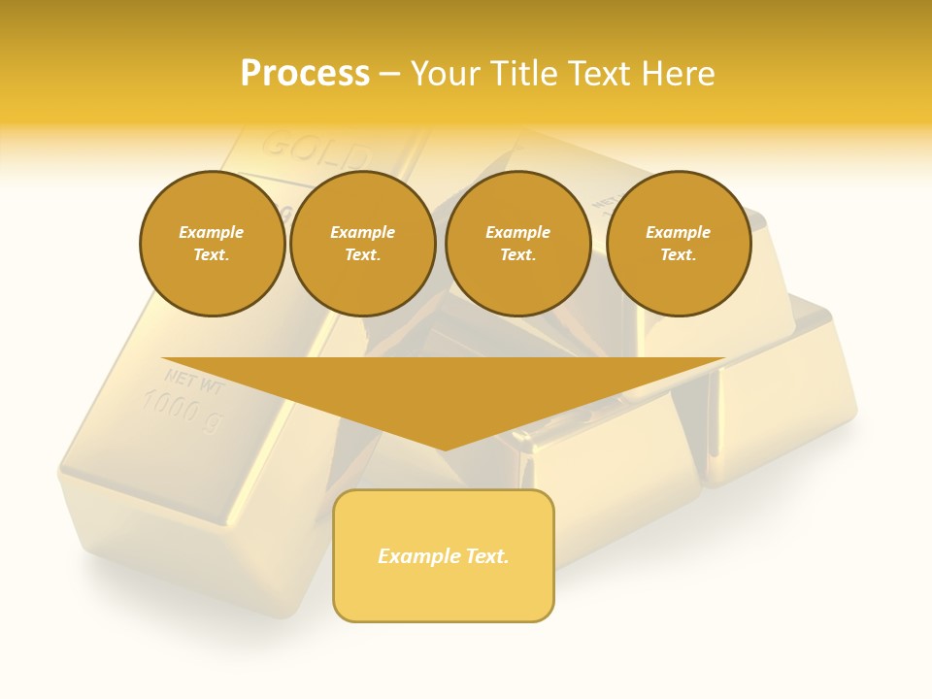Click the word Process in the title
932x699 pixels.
click(x=305, y=74)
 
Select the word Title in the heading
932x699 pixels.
click(x=525, y=74)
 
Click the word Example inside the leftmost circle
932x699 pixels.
click(x=212, y=232)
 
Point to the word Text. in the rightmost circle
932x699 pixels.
click(x=678, y=254)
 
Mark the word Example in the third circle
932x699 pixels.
click(x=517, y=232)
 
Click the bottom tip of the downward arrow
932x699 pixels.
click(x=444, y=449)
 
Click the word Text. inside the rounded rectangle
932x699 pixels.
click(x=485, y=556)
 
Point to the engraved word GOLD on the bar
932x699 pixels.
click(x=316, y=150)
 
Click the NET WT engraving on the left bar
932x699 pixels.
click(x=194, y=380)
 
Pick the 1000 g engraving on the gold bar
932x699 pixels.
click(x=183, y=409)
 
